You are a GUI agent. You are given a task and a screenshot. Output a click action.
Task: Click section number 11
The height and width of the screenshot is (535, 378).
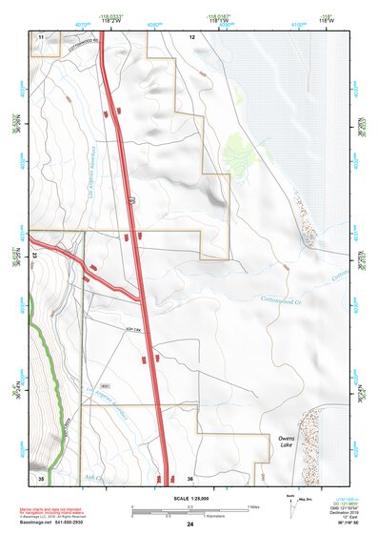[41, 35]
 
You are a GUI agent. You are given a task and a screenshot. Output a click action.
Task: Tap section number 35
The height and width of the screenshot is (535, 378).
[40, 477]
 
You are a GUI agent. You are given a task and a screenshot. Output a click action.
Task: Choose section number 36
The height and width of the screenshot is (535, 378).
[191, 477]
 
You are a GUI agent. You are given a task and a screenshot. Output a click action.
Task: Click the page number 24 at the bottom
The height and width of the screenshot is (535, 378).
[189, 525]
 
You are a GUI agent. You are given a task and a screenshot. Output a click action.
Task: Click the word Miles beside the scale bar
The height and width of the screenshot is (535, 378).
[253, 505]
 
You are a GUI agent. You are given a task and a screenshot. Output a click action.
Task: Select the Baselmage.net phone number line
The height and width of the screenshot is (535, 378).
[52, 524]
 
